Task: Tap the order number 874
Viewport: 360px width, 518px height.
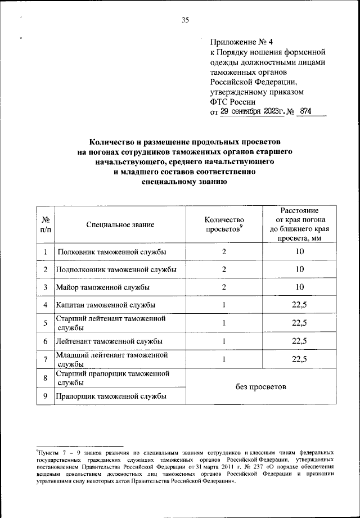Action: pyautogui.click(x=305, y=111)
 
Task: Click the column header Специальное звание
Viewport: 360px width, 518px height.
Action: pyautogui.click(x=120, y=225)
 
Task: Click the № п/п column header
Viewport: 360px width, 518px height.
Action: pyautogui.click(x=44, y=225)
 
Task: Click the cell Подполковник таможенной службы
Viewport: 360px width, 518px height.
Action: pyautogui.click(x=116, y=270)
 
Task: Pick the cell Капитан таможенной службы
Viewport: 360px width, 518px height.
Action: pyautogui.click(x=105, y=305)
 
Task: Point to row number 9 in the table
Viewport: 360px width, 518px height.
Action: pyautogui.click(x=44, y=397)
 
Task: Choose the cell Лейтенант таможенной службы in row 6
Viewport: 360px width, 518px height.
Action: pyautogui.click(x=109, y=341)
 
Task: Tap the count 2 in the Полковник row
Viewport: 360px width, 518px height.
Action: pyautogui.click(x=224, y=252)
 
